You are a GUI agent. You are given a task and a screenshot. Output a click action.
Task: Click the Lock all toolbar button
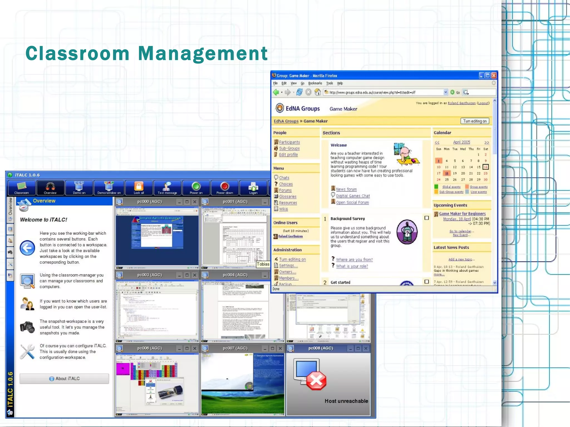(x=139, y=188)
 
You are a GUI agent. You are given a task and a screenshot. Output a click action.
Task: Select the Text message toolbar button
(x=167, y=188)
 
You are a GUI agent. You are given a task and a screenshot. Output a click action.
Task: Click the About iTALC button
(x=64, y=379)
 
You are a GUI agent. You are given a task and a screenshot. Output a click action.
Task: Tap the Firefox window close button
(x=494, y=75)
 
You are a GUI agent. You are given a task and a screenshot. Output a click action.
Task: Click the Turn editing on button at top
(x=475, y=121)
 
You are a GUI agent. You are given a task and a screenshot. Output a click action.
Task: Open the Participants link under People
(x=289, y=142)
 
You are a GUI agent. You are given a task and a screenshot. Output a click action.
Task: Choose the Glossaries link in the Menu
(x=288, y=196)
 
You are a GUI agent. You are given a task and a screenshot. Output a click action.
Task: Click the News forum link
(x=346, y=189)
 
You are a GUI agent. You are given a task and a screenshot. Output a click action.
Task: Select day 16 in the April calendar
(x=485, y=167)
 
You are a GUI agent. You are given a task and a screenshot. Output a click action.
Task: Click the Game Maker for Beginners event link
(x=462, y=214)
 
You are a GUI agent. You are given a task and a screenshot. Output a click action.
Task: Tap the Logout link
(x=483, y=103)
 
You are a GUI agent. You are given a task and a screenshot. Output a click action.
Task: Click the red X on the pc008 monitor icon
(x=316, y=380)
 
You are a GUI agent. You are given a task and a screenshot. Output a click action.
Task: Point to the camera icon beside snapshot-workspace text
(x=27, y=327)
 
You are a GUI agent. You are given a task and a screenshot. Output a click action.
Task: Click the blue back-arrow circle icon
(x=27, y=248)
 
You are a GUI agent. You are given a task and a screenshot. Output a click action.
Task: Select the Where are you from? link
(x=354, y=260)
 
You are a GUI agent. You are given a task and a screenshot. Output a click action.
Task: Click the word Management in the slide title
(x=203, y=53)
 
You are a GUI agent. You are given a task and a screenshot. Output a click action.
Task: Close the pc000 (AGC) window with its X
(x=195, y=202)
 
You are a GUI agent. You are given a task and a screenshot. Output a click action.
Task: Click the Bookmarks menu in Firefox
(x=315, y=83)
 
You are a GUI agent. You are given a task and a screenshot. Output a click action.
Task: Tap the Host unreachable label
(x=346, y=401)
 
